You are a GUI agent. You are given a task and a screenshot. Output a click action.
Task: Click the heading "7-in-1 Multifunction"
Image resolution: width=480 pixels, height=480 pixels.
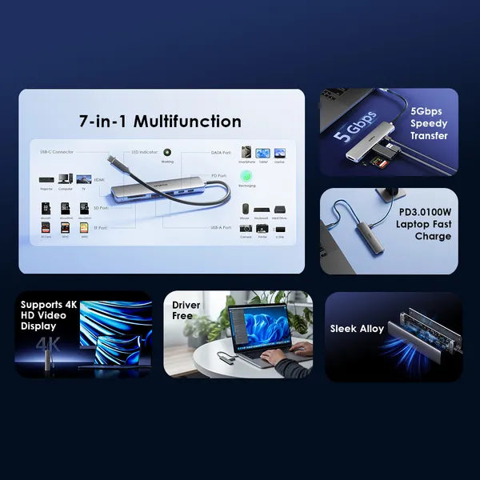tap(160, 122)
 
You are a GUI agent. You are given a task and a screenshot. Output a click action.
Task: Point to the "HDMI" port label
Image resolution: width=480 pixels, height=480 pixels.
tap(99, 180)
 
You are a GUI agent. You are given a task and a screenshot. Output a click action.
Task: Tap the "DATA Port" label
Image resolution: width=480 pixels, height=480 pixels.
tap(220, 152)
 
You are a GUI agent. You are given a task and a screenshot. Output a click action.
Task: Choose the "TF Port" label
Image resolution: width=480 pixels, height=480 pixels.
tap(99, 227)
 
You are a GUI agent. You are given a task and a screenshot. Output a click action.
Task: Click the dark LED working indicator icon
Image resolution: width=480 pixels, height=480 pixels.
tap(167, 151)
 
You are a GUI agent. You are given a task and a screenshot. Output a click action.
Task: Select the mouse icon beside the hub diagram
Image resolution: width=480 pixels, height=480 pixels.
tap(246, 209)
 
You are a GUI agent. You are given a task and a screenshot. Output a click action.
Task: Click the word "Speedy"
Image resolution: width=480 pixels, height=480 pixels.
tap(429, 123)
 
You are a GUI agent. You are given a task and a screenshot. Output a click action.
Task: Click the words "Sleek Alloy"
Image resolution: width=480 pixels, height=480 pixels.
tap(357, 329)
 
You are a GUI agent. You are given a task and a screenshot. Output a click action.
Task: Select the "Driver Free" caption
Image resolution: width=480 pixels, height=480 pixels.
tap(186, 310)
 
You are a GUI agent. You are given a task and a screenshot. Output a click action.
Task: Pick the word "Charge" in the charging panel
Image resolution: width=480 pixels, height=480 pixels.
tap(433, 237)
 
